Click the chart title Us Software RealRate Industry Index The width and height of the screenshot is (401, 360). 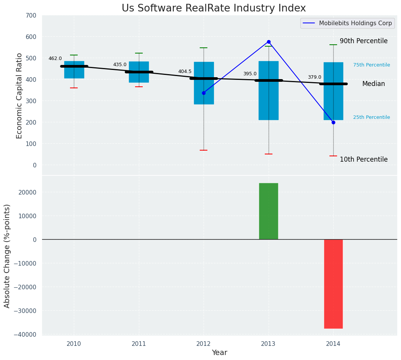tap(214, 8)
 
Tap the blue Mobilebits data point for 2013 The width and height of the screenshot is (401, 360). tap(269, 42)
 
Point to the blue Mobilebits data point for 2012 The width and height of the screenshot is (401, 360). tap(204, 93)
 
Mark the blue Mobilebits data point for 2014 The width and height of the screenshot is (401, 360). tap(333, 122)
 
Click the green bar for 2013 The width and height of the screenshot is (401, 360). tap(269, 211)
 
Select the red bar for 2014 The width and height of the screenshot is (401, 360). tap(333, 284)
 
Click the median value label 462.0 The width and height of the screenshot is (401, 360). tap(55, 58)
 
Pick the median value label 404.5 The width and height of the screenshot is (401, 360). tap(185, 71)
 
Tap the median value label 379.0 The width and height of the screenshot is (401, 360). tap(315, 77)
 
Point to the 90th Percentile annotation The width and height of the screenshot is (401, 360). tap(364, 41)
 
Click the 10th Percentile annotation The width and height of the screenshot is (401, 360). tap(364, 159)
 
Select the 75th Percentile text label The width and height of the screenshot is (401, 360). tap(372, 65)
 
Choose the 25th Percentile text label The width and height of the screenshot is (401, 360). tap(372, 117)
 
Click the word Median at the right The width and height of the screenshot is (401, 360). tap(373, 84)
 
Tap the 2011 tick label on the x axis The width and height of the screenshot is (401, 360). tap(139, 344)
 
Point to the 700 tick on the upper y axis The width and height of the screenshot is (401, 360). tap(31, 15)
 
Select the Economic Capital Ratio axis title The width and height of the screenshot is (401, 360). tap(20, 96)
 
